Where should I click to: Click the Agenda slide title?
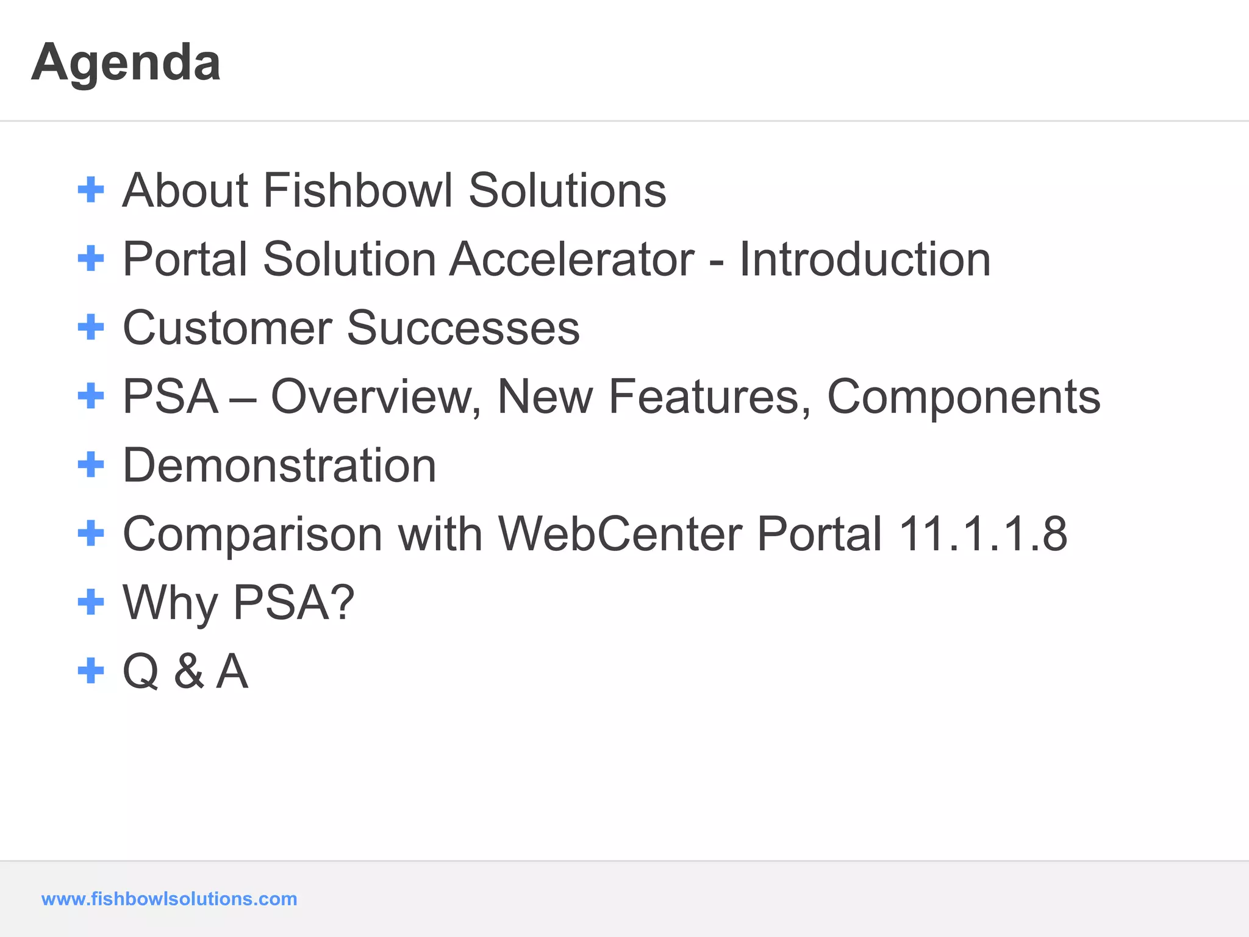tap(126, 63)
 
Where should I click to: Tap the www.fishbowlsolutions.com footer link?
tap(169, 899)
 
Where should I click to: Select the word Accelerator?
tap(571, 259)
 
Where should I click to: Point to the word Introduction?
tap(865, 259)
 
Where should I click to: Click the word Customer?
tap(227, 328)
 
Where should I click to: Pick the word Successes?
tap(463, 328)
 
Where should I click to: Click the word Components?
tap(964, 397)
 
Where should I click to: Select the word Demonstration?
tap(279, 465)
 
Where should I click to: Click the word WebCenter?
tap(620, 534)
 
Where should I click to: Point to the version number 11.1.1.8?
tap(982, 534)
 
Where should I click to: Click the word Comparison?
tap(252, 534)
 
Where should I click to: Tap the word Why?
tap(170, 603)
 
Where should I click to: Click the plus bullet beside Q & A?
tap(91, 671)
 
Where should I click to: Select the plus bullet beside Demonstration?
tap(91, 465)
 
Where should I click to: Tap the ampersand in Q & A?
tap(189, 672)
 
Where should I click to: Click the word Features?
tap(710, 397)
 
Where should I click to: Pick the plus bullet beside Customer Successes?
tap(91, 327)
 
